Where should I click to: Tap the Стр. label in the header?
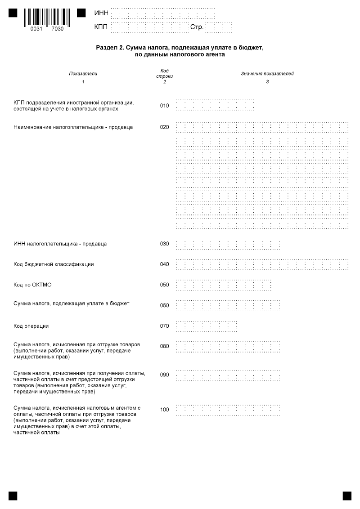197,27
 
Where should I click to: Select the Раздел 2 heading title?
179,51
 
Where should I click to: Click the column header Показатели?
83,73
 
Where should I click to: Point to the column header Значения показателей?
267,73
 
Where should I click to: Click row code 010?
164,106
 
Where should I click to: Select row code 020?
164,127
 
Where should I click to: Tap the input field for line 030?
228,244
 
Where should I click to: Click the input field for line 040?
262,264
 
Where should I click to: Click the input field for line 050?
223,285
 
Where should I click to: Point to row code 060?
164,306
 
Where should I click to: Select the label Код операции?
31,326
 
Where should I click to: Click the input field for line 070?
206,326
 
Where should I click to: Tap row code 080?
164,346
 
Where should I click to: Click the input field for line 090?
228,375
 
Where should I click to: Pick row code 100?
164,410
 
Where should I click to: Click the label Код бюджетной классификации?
54,264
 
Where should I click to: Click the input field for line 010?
215,106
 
